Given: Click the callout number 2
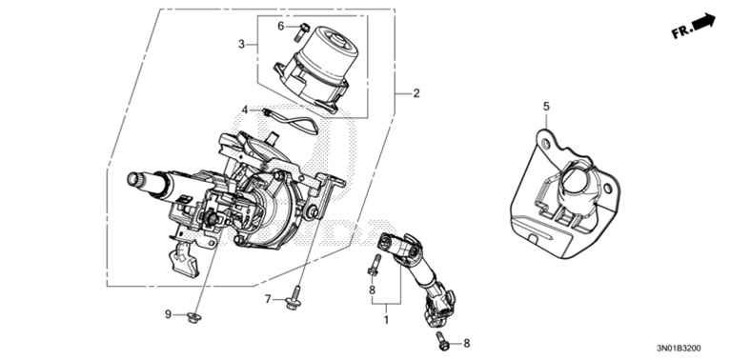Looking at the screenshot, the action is coord(416,93).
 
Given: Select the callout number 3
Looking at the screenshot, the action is coord(241,44).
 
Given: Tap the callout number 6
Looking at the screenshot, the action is coord(281,26).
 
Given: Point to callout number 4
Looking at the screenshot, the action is coord(245,110).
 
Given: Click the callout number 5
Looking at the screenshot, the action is coord(546,107).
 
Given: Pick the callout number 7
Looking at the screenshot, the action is coord(268,300).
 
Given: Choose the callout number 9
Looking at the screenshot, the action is coord(168,315).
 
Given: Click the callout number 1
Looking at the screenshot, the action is coord(385,320).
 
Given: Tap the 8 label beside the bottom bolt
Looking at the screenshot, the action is coord(466,344).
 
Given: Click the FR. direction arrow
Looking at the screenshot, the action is coord(703,21).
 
